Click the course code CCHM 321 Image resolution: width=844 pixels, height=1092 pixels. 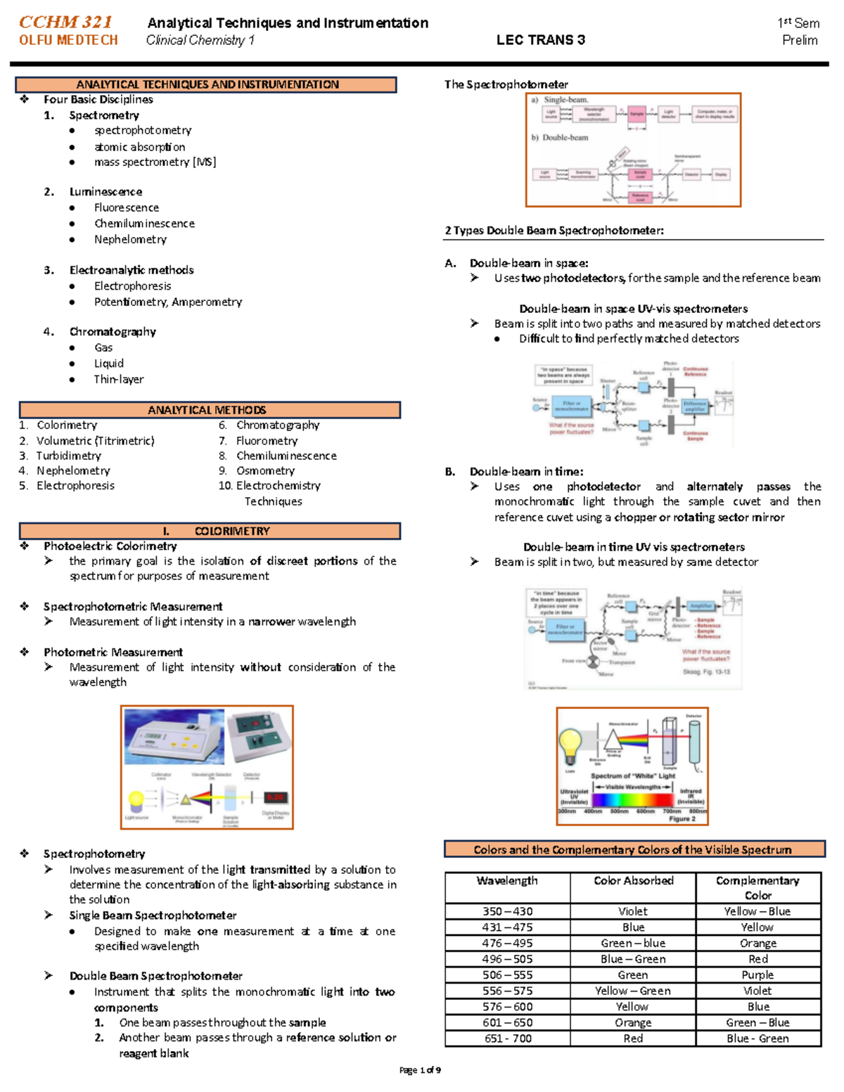[x=65, y=22]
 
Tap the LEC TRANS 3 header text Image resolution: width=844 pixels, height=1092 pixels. [x=540, y=40]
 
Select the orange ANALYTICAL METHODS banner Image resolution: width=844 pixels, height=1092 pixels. [x=209, y=410]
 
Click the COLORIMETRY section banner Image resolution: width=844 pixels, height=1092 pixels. [x=209, y=531]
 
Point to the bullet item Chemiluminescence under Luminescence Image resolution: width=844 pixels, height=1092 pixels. [x=144, y=224]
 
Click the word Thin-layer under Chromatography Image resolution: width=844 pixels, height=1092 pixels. [x=119, y=379]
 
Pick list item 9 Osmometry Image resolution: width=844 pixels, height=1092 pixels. [x=265, y=470]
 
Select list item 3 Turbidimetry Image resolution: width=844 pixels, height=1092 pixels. [x=68, y=456]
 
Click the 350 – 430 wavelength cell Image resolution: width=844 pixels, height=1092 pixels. [x=507, y=911]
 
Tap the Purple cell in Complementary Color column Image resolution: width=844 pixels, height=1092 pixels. [x=757, y=975]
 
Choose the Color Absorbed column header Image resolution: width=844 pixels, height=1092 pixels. [x=633, y=881]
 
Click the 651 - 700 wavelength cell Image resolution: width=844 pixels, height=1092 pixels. [x=507, y=1039]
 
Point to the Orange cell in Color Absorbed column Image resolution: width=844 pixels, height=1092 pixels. [x=633, y=1022]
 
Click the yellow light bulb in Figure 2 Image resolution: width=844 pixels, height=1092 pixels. [x=570, y=743]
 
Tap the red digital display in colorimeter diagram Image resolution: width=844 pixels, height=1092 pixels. [x=275, y=797]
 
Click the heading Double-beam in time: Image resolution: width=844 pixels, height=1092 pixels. [x=526, y=471]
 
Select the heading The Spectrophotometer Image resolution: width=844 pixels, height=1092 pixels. [x=506, y=84]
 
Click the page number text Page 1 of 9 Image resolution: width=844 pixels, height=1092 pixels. [x=420, y=1070]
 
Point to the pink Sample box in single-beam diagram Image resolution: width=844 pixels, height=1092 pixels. [x=637, y=113]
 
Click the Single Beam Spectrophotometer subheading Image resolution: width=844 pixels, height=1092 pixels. [x=153, y=916]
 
